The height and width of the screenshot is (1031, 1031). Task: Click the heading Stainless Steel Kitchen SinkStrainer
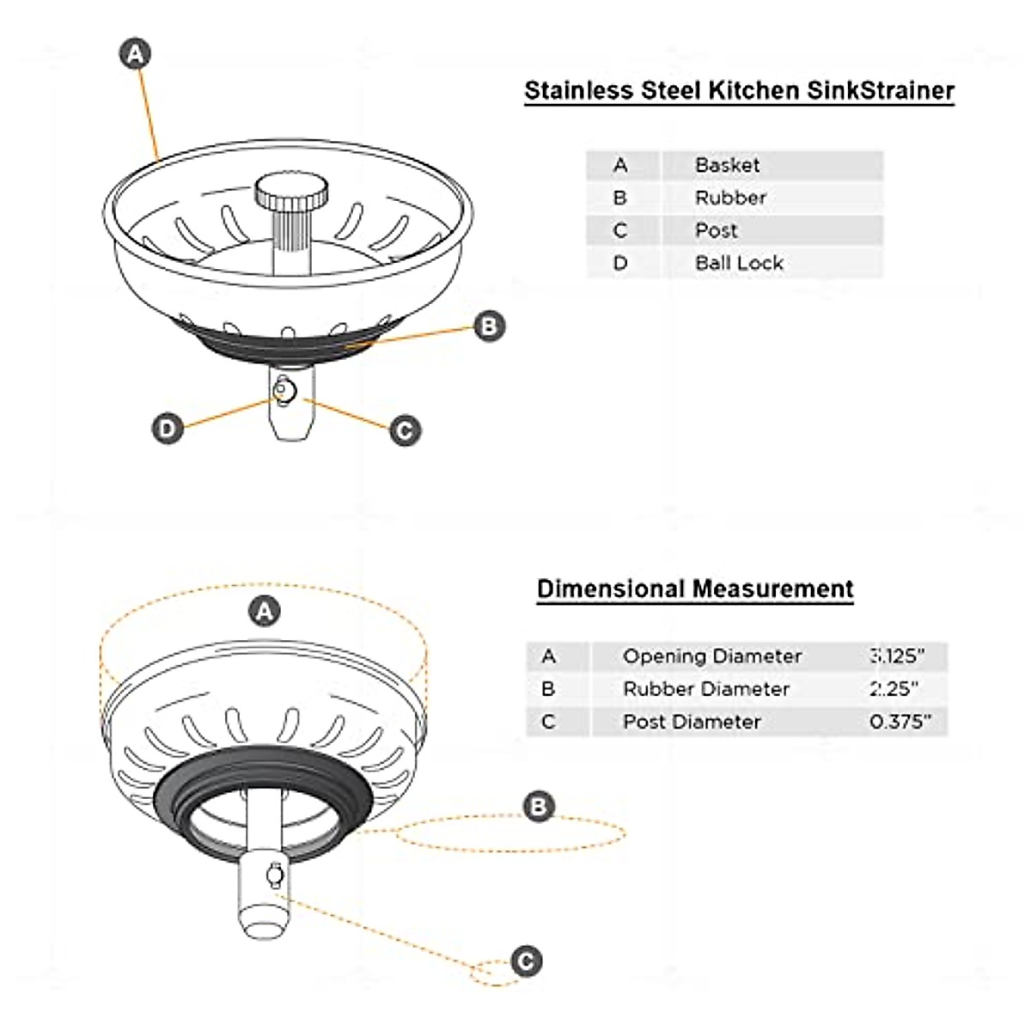click(x=739, y=91)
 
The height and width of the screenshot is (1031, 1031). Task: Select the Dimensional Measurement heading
click(x=695, y=589)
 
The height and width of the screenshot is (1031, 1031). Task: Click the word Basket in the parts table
click(x=727, y=165)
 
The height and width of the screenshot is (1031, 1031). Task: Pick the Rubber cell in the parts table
click(x=730, y=198)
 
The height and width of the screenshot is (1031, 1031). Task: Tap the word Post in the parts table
click(x=716, y=230)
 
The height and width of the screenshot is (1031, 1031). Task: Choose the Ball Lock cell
click(x=739, y=263)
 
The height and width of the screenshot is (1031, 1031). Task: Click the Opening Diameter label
click(x=711, y=656)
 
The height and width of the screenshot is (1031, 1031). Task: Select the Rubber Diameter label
click(x=705, y=689)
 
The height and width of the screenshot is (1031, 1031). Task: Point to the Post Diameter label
click(x=692, y=722)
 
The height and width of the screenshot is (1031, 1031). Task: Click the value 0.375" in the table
click(x=900, y=722)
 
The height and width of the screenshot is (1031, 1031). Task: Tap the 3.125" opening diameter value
click(x=897, y=656)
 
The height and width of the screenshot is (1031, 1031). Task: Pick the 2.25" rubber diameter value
click(x=894, y=689)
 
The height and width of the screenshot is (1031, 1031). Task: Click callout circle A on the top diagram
click(x=135, y=55)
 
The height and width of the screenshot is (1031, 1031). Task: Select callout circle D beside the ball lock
click(x=168, y=429)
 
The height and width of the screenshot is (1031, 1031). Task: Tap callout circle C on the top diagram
click(x=406, y=430)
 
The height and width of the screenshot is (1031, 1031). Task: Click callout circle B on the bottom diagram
click(x=540, y=807)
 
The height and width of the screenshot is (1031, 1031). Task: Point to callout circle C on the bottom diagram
click(x=527, y=961)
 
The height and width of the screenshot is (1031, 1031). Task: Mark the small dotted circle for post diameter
click(x=492, y=973)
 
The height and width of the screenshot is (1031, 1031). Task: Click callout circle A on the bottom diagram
click(x=265, y=612)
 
